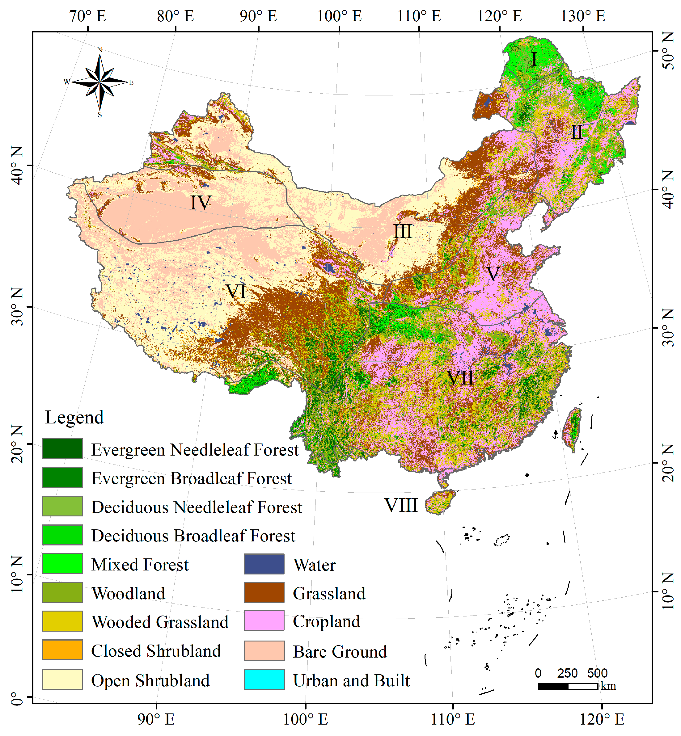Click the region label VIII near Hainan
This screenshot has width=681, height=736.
[x=401, y=505]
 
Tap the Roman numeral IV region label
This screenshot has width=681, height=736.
[x=201, y=203]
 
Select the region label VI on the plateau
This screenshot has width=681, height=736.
[x=236, y=292]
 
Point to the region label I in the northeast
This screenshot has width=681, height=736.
[x=534, y=59]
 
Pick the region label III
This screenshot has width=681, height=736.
[x=403, y=232]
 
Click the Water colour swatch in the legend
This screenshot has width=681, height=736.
[x=264, y=564]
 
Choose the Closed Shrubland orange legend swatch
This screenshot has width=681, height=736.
[x=63, y=650]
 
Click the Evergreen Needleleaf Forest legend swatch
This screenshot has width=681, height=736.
[x=63, y=449]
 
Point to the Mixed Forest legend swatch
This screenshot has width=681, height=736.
[x=63, y=564]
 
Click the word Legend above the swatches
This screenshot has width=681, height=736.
[x=74, y=417]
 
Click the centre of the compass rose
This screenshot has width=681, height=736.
[x=100, y=82]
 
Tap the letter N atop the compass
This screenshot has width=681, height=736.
[x=100, y=50]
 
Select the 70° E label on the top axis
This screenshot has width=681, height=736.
[x=88, y=16]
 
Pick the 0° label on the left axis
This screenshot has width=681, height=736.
[x=17, y=698]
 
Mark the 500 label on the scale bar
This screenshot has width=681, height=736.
[x=597, y=673]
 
